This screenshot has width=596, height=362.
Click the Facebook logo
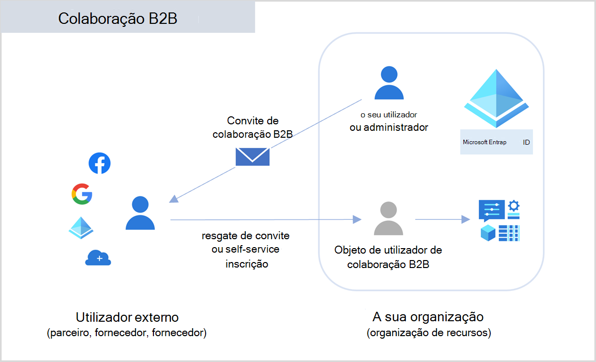99,163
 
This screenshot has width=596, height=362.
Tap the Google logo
82,194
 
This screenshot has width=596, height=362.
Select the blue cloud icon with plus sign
98,258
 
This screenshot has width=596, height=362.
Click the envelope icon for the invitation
252,157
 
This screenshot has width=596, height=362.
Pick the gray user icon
388,218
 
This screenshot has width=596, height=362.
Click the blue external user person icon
140,213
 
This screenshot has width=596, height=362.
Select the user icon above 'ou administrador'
389,83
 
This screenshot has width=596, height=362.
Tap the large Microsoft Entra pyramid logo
497,98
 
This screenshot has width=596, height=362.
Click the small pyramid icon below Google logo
81,228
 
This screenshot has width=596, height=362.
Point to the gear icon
514,206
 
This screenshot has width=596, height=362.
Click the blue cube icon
488,233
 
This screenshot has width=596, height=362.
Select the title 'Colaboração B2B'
118,18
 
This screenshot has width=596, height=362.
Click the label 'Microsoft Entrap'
485,142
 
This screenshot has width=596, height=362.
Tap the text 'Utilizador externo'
127,317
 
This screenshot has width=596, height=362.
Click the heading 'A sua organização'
428,317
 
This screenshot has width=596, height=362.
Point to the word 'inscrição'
247,264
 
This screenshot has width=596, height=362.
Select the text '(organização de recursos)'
429,333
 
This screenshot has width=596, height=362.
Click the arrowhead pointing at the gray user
357,219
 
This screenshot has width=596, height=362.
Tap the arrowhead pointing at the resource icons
466,219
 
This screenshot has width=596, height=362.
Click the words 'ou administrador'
389,128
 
